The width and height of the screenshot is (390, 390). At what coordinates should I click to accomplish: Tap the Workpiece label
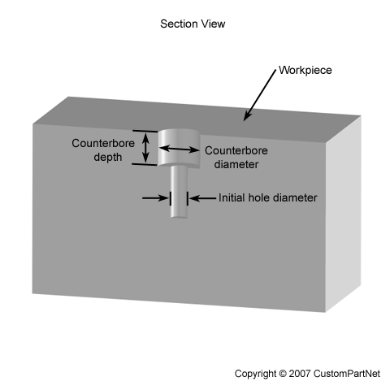pyautogui.click(x=305, y=70)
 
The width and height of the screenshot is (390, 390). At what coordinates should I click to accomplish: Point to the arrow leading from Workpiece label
pyautogui.click(x=259, y=95)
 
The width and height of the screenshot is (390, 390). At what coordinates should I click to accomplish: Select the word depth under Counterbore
pyautogui.click(x=108, y=157)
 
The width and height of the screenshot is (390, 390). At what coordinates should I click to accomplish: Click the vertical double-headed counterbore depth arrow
pyautogui.click(x=145, y=147)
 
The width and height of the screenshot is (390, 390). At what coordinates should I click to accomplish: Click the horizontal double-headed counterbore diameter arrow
pyautogui.click(x=179, y=149)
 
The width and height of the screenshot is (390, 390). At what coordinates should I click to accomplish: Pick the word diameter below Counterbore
pyautogui.click(x=236, y=164)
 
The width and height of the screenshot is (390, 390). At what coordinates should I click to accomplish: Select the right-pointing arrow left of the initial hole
pyautogui.click(x=155, y=198)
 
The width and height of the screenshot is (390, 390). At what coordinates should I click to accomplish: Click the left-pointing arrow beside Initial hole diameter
pyautogui.click(x=202, y=198)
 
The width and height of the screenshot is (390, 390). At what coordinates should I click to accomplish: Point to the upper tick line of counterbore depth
pyautogui.click(x=145, y=131)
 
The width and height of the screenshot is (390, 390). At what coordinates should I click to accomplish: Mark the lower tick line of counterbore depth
pyautogui.click(x=145, y=164)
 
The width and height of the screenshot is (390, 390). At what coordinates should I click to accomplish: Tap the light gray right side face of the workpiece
pyautogui.click(x=343, y=214)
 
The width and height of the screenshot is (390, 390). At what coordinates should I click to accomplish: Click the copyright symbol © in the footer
pyautogui.click(x=282, y=374)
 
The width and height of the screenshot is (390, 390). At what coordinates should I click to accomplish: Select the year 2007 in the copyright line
pyautogui.click(x=300, y=374)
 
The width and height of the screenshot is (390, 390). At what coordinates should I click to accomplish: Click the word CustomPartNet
pyautogui.click(x=347, y=374)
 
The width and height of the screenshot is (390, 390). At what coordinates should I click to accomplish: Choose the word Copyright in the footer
pyautogui.click(x=255, y=374)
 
